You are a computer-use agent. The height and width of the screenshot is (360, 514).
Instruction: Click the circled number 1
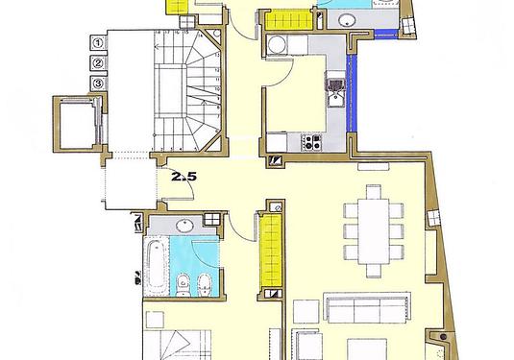[98, 43]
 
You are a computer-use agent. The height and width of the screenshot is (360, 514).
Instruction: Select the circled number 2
[98, 63]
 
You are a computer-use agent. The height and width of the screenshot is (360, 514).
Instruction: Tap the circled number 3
[98, 84]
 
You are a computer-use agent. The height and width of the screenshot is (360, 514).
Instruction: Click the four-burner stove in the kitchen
[313, 142]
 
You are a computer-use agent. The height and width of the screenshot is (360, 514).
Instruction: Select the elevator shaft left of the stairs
[73, 123]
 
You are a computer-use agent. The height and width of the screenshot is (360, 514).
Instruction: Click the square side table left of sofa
[304, 311]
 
